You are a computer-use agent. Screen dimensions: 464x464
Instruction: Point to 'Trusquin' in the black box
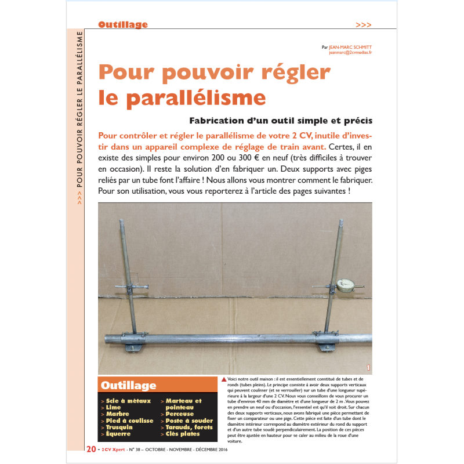coord(120,427)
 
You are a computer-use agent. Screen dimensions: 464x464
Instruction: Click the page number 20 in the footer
coord(92,449)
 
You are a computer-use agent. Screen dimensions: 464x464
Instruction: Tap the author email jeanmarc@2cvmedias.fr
coord(350,52)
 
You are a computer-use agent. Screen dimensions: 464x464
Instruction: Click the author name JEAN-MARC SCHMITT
coord(350,46)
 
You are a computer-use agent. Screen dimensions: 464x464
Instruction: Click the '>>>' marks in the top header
coord(364,25)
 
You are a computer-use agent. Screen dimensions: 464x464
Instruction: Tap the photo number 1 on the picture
coord(368,367)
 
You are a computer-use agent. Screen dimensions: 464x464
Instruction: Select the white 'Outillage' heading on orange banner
coord(128,385)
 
